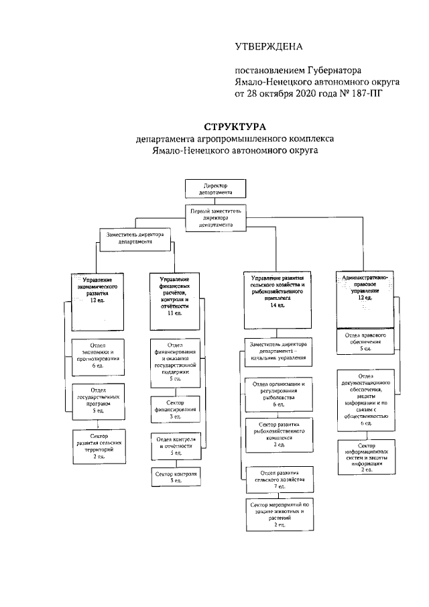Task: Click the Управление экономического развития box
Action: click(x=98, y=294)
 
